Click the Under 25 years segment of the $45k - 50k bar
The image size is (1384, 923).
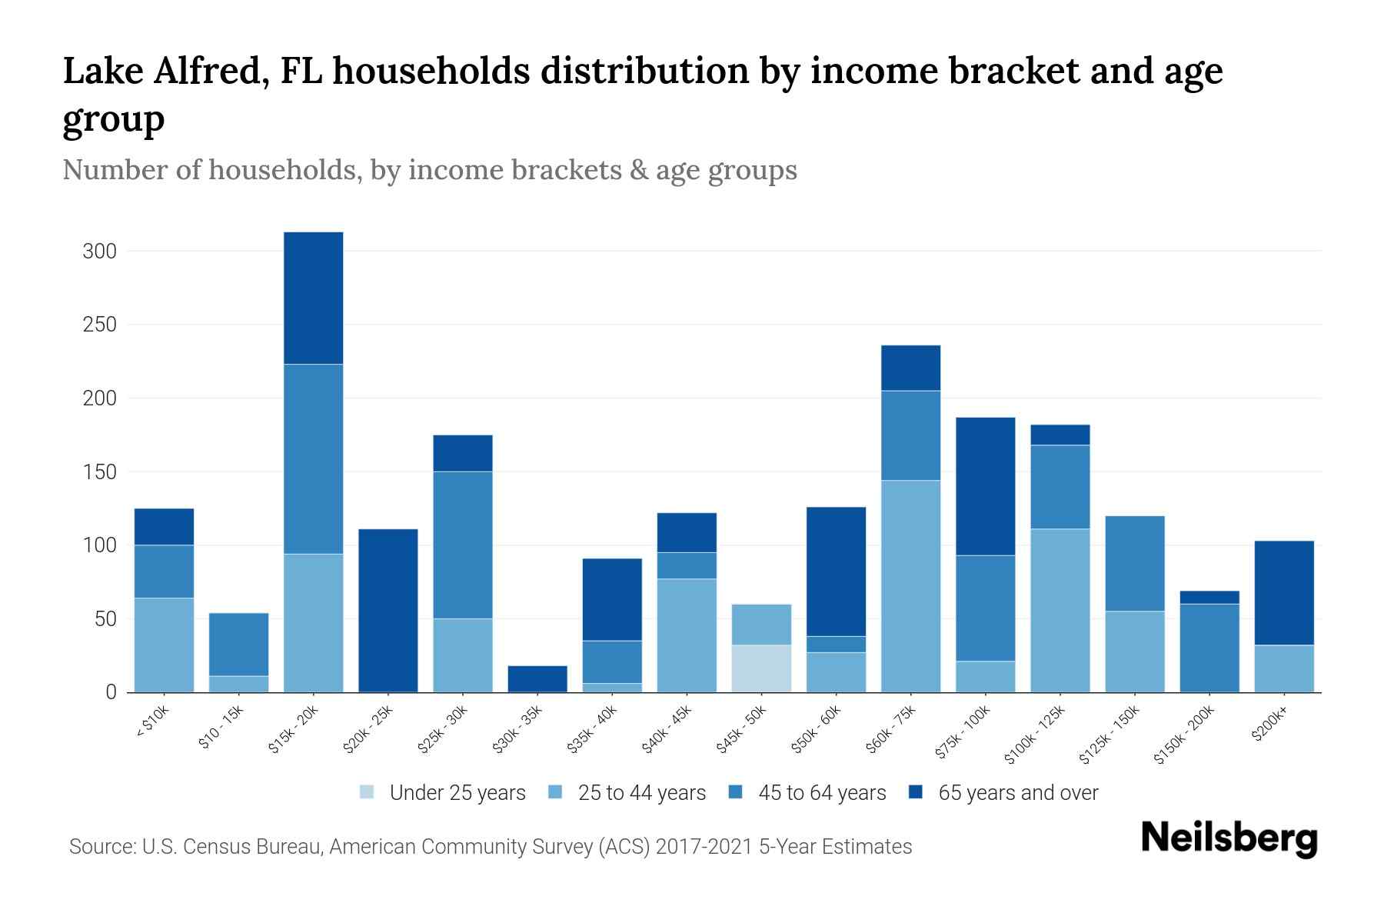point(761,668)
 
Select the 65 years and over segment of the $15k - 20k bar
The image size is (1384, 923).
point(314,298)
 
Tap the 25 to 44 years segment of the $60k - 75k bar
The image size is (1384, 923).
point(910,586)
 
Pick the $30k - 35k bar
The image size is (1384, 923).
point(537,678)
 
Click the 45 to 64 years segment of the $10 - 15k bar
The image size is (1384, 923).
point(239,644)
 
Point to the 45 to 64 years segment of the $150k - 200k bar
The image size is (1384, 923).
point(1209,648)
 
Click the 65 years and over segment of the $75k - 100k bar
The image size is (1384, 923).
point(985,486)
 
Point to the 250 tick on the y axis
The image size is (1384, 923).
point(100,325)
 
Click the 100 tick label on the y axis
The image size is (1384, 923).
point(100,545)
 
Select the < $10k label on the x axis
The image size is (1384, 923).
point(153,723)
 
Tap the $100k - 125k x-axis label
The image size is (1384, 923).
point(1036,735)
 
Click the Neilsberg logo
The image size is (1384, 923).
point(1229,838)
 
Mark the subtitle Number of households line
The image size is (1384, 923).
point(429,170)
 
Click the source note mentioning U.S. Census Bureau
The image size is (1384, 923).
point(491,847)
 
